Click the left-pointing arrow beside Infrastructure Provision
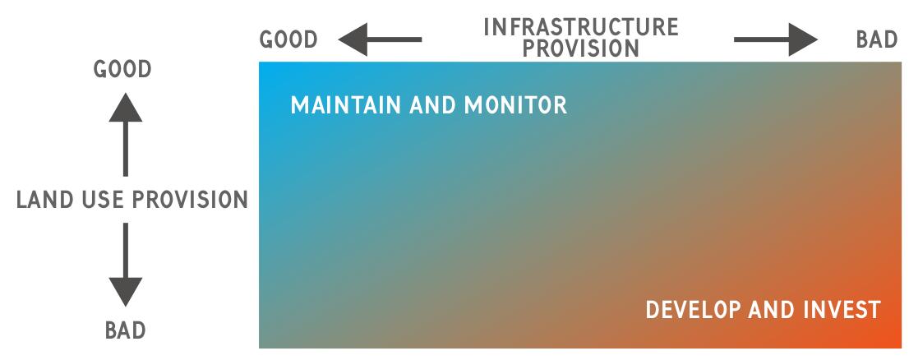(380, 39)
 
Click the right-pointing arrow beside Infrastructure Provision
(776, 39)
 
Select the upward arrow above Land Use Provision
(125, 135)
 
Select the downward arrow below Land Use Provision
(125, 265)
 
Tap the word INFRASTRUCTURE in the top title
(581, 27)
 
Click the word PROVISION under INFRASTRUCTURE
(581, 48)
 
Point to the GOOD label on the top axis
(288, 40)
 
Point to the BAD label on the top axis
(877, 40)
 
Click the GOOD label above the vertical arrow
(122, 69)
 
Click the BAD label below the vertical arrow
(125, 330)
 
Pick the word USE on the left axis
(100, 200)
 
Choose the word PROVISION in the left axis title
(191, 200)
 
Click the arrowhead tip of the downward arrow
(125, 306)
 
